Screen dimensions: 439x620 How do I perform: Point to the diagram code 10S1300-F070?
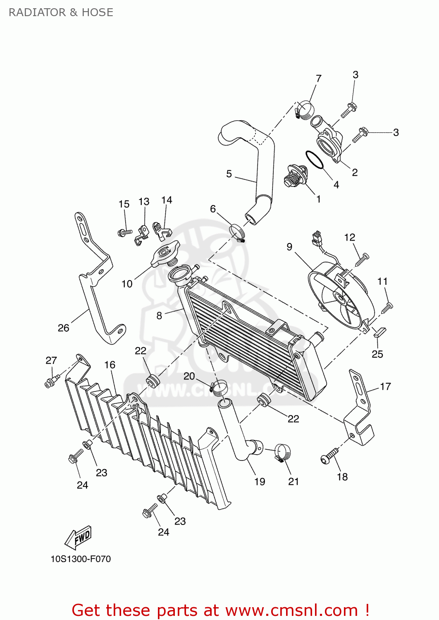(81, 559)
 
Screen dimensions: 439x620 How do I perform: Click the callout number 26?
(63, 328)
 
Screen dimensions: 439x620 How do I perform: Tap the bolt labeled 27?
(51, 381)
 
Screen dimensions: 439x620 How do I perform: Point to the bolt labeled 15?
(124, 233)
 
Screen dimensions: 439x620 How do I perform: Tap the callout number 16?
(110, 365)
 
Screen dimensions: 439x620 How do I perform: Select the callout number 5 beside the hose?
(229, 174)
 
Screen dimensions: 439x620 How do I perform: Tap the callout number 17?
(385, 386)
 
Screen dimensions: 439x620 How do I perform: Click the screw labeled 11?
(387, 308)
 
